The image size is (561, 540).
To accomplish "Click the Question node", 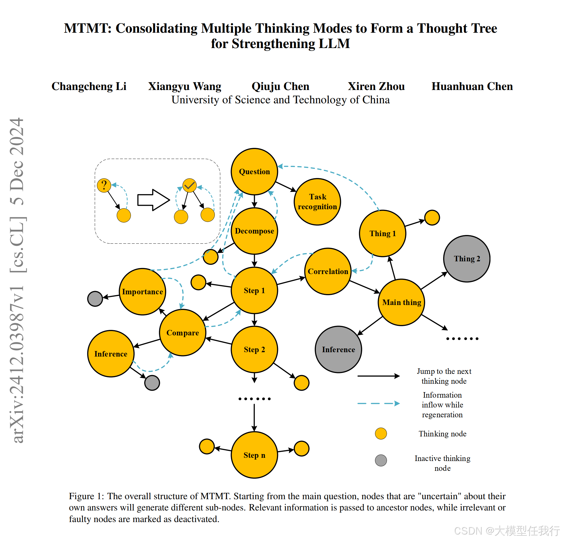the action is [254, 172].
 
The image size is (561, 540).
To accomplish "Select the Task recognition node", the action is [317, 202].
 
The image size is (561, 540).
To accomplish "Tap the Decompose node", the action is [254, 231].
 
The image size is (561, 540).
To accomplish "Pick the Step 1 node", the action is [254, 290].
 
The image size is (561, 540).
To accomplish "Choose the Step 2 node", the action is [254, 350].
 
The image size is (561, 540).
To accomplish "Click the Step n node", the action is [254, 455].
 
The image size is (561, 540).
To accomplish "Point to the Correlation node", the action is [328, 271].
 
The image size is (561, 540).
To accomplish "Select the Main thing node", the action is [401, 302].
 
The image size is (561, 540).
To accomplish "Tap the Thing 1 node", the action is [383, 234].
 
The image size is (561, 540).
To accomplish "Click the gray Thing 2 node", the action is [467, 259].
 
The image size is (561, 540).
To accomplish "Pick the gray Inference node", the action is [338, 350].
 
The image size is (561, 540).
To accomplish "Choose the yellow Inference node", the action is [111, 354].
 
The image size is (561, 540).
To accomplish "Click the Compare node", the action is [183, 333].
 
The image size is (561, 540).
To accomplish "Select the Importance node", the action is [142, 292].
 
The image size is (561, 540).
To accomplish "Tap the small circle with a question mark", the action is [104, 185].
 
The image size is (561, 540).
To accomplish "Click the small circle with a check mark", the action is [190, 185].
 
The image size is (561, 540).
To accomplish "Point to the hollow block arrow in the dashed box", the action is [153, 200].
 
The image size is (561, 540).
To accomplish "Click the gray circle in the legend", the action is [381, 460].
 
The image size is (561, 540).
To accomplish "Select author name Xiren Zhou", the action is [376, 86].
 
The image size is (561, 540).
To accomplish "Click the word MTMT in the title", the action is [86, 28].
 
